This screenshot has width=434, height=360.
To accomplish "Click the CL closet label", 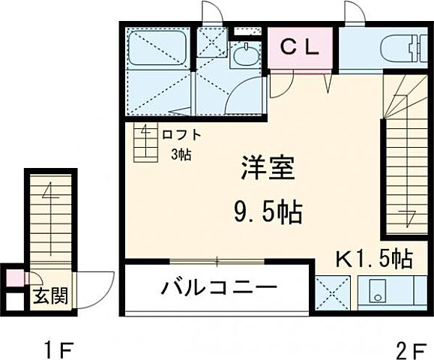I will [x=300, y=46].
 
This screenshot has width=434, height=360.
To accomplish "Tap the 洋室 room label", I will [x=267, y=166].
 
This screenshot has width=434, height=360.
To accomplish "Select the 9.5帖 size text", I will [x=267, y=213].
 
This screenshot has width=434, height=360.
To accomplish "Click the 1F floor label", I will [x=58, y=349].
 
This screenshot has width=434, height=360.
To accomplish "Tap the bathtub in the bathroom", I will [x=158, y=49].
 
